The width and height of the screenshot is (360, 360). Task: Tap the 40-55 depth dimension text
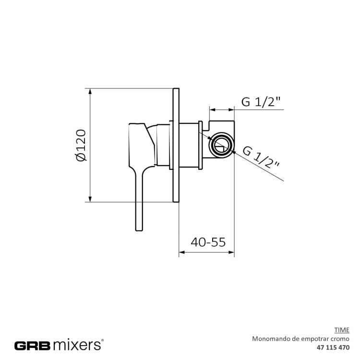[208, 242]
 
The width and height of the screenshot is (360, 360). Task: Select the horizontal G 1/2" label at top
[261, 102]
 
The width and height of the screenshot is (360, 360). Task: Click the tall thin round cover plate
[176, 145]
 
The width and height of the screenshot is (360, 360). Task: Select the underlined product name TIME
[341, 330]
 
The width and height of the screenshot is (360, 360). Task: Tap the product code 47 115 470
[333, 347]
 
